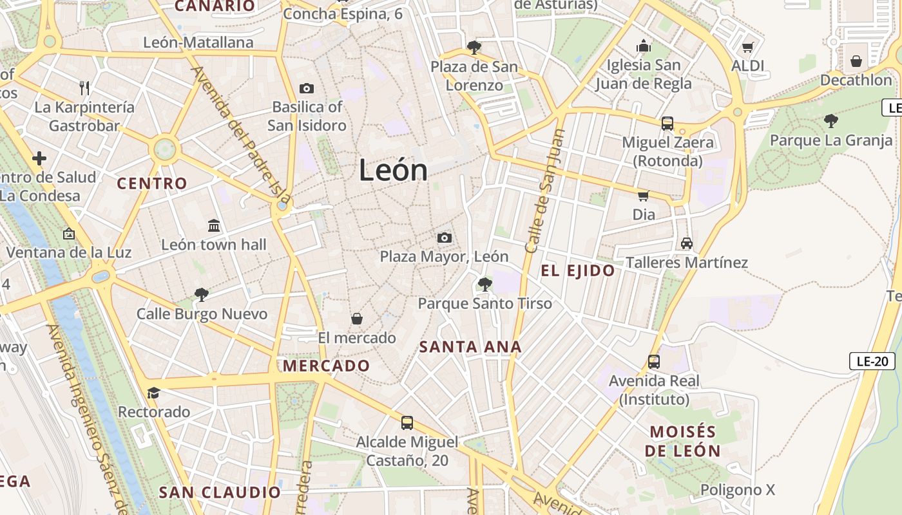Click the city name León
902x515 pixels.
pos(393,171)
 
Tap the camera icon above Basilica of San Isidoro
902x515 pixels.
pos(307,88)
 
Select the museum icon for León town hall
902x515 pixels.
pos(214,226)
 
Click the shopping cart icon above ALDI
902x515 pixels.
pos(748,47)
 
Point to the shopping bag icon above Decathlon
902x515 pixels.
pos(856,61)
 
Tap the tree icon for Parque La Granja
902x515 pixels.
pos(831,120)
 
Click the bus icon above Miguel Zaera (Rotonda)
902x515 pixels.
pos(667,123)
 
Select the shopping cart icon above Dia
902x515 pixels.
pos(643,196)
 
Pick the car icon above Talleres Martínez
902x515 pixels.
pos(687,243)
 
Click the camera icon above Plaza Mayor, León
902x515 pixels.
pos(444,238)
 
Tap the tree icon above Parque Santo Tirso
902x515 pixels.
pos(485,285)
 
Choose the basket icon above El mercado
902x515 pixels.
pos(356,319)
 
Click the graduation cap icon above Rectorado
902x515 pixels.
pos(153,393)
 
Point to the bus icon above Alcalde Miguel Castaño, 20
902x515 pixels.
pos(407,423)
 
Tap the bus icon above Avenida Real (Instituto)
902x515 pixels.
pos(654,362)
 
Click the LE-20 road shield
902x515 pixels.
pos(872,361)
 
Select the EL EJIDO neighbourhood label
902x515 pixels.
pos(578,271)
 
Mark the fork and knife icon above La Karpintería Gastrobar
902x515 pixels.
pos(84,87)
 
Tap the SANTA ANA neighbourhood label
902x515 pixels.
pos(470,347)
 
